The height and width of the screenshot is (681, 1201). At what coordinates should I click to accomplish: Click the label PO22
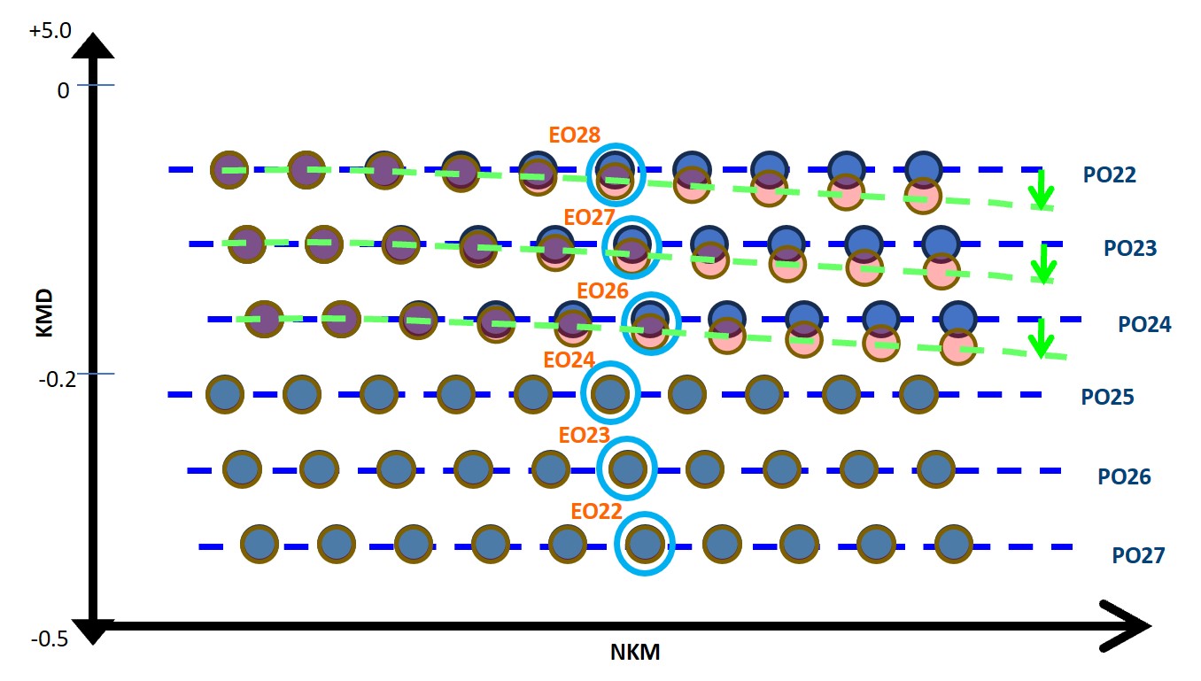(x=1109, y=174)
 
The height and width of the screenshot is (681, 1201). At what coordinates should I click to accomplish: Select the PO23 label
(x=1129, y=248)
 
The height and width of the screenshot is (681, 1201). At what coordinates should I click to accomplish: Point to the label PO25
(x=1108, y=397)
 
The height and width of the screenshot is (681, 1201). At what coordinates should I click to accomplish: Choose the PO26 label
(x=1124, y=477)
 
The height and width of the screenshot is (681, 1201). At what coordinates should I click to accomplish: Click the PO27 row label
(x=1138, y=556)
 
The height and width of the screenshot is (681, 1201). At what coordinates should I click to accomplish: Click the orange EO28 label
(x=575, y=135)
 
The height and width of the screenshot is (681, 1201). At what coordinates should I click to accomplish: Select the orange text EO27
(x=590, y=216)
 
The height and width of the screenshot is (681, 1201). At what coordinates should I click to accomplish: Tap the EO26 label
(x=602, y=290)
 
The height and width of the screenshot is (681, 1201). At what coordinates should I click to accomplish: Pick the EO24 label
(x=569, y=360)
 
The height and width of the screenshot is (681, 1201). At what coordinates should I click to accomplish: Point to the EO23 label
(x=584, y=436)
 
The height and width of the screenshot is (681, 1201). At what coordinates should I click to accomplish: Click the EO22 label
(x=596, y=512)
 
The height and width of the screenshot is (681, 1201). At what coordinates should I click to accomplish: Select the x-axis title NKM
(x=635, y=654)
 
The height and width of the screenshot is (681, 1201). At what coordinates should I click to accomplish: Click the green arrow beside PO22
(x=1042, y=190)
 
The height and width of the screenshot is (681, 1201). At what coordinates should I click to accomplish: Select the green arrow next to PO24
(x=1041, y=337)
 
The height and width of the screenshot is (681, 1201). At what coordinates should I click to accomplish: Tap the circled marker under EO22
(x=645, y=543)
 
